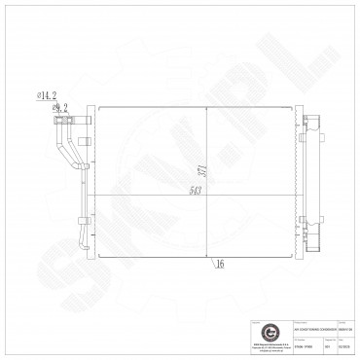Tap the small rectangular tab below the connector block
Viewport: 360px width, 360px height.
(85, 144)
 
